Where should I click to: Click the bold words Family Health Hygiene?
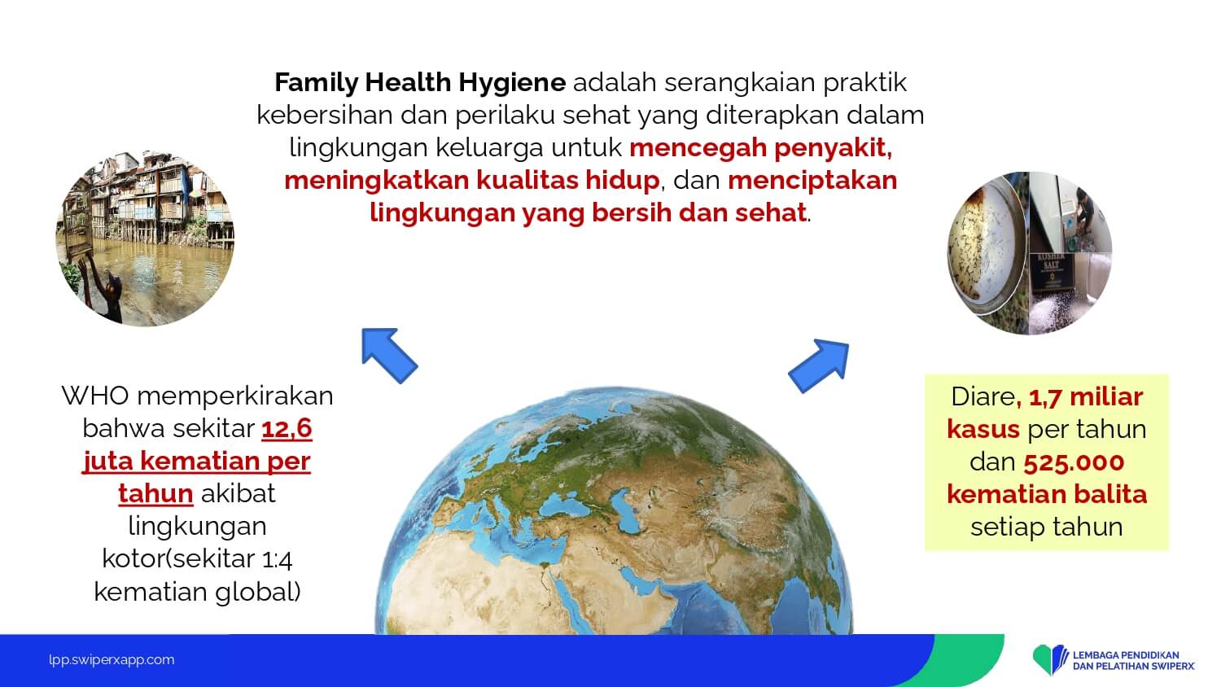click(420, 83)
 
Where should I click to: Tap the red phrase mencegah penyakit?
click(760, 148)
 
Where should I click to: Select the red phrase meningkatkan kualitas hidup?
click(471, 181)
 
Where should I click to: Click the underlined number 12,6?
click(287, 428)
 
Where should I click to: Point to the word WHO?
click(95, 396)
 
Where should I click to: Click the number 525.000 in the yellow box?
click(1074, 462)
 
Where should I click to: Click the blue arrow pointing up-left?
click(389, 355)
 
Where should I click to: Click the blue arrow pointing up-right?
click(820, 365)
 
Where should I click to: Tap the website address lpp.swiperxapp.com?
click(112, 660)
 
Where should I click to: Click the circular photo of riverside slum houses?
click(146, 238)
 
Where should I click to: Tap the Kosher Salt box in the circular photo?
click(1051, 270)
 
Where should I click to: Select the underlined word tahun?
click(156, 494)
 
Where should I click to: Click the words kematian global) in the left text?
click(197, 592)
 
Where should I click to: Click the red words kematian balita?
click(1047, 495)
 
